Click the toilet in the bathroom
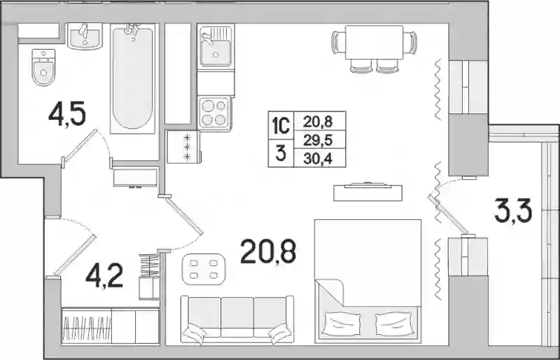click(x=43, y=67)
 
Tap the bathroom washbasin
click(x=85, y=36)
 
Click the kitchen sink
click(x=216, y=47)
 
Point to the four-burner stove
click(x=214, y=113)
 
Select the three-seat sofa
click(x=237, y=319)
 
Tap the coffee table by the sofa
click(x=204, y=269)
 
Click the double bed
click(x=367, y=281)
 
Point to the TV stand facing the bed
click(x=367, y=193)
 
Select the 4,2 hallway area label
click(x=104, y=276)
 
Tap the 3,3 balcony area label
click(x=513, y=211)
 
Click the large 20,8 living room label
click(x=268, y=251)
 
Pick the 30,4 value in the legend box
click(x=318, y=159)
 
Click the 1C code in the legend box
click(x=281, y=125)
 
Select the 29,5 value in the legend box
click(x=318, y=140)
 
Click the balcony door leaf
click(x=449, y=214)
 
